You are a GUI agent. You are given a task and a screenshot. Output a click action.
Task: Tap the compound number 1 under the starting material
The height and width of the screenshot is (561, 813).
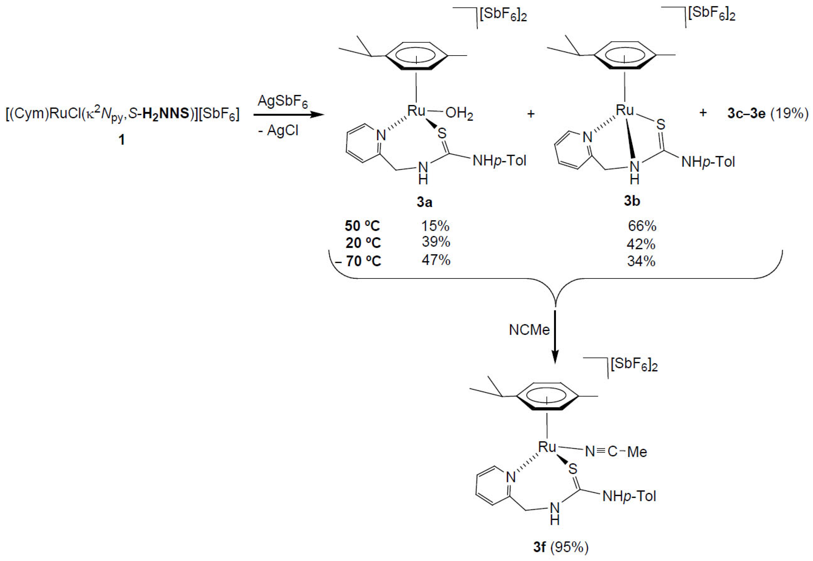point(122,140)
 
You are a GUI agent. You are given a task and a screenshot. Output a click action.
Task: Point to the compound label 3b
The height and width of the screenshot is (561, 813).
point(632,201)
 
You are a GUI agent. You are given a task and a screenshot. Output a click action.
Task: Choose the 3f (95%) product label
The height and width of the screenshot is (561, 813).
point(560,547)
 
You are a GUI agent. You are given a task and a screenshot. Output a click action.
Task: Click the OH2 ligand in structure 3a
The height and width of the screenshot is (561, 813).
point(459,114)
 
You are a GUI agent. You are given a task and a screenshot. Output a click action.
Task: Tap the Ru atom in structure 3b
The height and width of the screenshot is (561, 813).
point(625,110)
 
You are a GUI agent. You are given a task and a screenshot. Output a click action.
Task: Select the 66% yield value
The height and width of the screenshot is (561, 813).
point(642,226)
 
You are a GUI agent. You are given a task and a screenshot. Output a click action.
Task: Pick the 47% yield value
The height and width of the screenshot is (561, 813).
point(436,260)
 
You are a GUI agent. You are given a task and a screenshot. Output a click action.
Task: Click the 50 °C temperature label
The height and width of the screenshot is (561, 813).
point(362,226)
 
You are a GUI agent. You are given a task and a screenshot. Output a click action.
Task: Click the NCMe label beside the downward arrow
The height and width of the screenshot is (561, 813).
point(529,330)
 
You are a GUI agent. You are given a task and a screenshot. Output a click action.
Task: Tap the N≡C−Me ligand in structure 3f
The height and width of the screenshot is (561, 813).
point(616,452)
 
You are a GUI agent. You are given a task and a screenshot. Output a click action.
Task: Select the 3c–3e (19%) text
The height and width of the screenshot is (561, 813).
point(768,114)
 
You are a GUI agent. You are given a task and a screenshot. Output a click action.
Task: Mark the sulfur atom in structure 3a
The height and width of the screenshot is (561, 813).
point(442,133)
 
